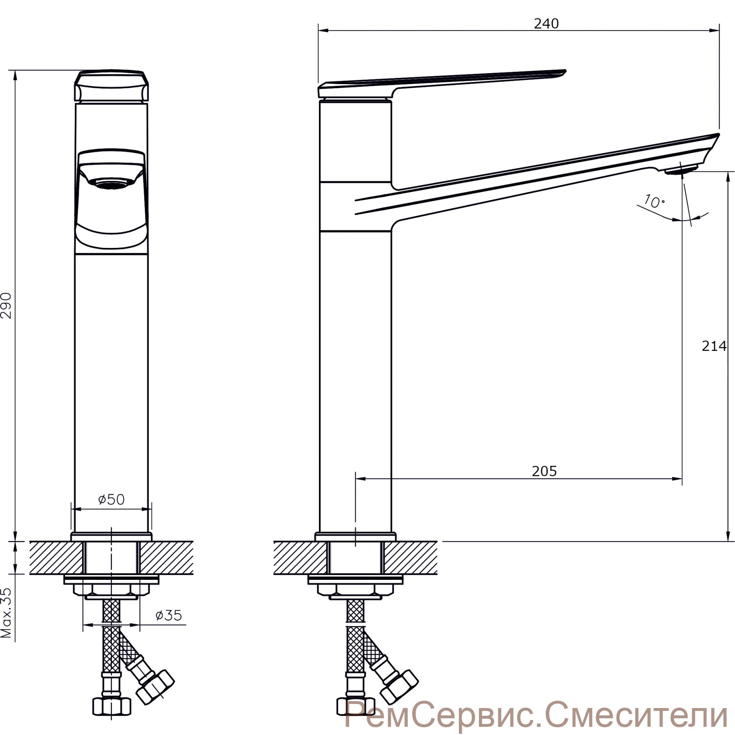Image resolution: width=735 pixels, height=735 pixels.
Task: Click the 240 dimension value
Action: pyautogui.click(x=546, y=24)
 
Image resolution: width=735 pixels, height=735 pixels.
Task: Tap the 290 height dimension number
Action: pyautogui.click(x=8, y=305)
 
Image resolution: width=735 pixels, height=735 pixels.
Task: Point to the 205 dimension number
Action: pyautogui.click(x=544, y=471)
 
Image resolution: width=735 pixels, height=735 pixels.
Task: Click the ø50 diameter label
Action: pyautogui.click(x=111, y=499)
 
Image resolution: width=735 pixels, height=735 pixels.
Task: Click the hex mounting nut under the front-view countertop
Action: pyautogui.click(x=111, y=590)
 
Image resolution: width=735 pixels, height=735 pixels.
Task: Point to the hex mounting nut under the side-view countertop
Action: pyautogui.click(x=355, y=590)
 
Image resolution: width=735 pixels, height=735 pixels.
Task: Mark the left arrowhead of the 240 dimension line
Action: pyautogui.click(x=323, y=30)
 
